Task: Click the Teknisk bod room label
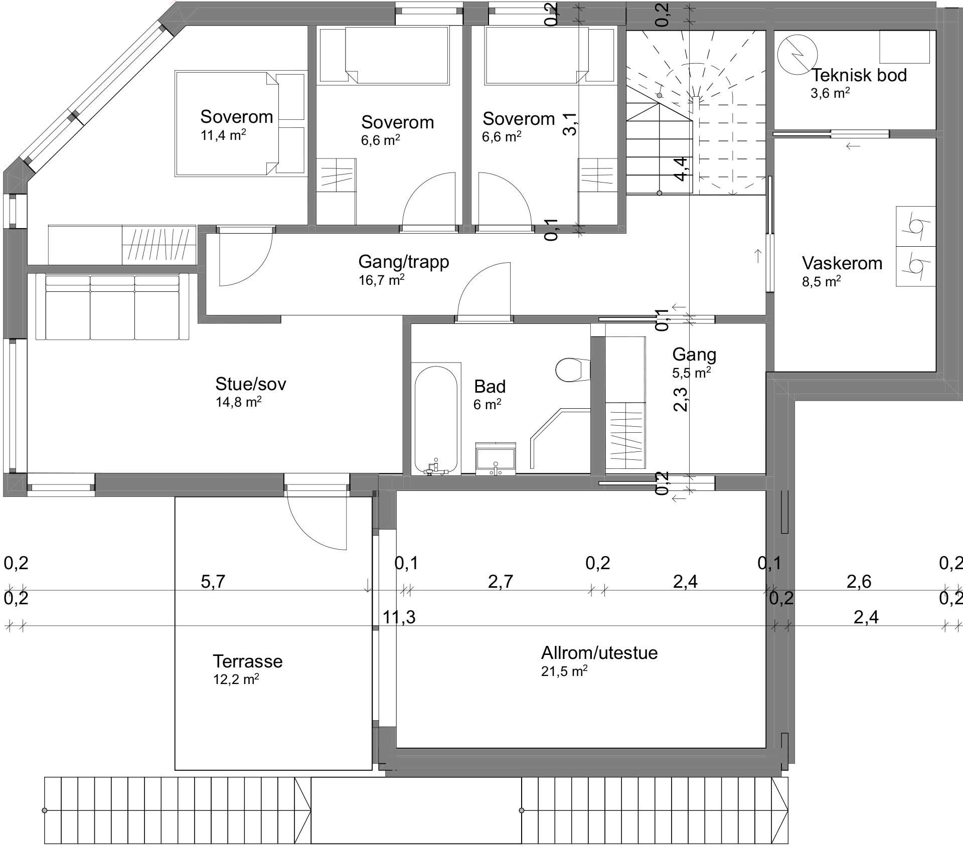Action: pos(859,75)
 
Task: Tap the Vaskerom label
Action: pos(842,263)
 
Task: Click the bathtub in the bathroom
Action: pos(436,419)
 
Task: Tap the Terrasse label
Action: pos(247,661)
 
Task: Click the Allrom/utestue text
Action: pos(599,653)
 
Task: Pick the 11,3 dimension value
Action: pos(399,617)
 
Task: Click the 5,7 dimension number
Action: pos(213,582)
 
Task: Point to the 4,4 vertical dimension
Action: pos(681,168)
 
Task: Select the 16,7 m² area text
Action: pos(381,280)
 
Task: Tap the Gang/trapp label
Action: pos(404,262)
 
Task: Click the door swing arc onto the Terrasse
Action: pos(316,524)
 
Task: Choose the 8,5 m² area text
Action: pos(821,282)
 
